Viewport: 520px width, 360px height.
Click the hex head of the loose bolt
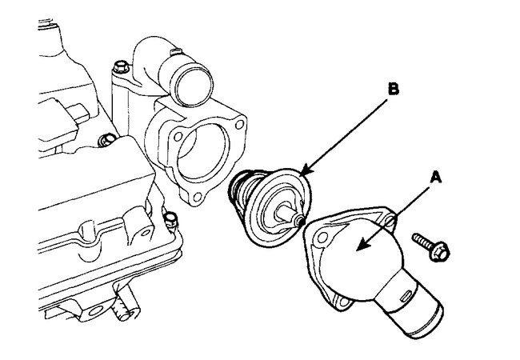point(442,252)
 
